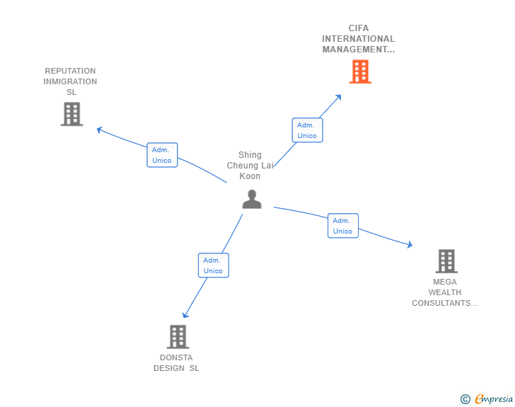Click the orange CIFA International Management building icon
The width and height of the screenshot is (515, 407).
[360, 71]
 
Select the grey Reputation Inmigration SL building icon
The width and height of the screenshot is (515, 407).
[71, 114]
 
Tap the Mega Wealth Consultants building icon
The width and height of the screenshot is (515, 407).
[446, 261]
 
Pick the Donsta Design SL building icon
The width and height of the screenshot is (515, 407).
[178, 337]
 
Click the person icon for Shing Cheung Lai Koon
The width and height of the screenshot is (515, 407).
[252, 199]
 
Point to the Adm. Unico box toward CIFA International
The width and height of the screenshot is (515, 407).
[307, 130]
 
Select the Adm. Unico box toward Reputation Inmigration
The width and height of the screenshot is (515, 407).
[162, 155]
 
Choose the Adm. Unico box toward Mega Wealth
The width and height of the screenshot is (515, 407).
[343, 226]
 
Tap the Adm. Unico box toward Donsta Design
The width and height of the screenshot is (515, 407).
[213, 265]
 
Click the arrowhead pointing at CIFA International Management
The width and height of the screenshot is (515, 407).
[339, 97]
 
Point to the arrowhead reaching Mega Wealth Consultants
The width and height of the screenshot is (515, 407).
[409, 246]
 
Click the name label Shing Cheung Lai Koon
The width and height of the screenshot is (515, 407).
[250, 166]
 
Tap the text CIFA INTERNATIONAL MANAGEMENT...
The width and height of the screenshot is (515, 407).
[359, 39]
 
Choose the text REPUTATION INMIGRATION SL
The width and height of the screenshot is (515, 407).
[70, 81]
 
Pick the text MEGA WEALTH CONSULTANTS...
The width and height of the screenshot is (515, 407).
[445, 292]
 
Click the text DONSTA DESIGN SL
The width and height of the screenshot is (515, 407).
[176, 362]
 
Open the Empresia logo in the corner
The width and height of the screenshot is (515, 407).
[494, 399]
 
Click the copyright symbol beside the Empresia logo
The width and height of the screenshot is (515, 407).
[465, 399]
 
